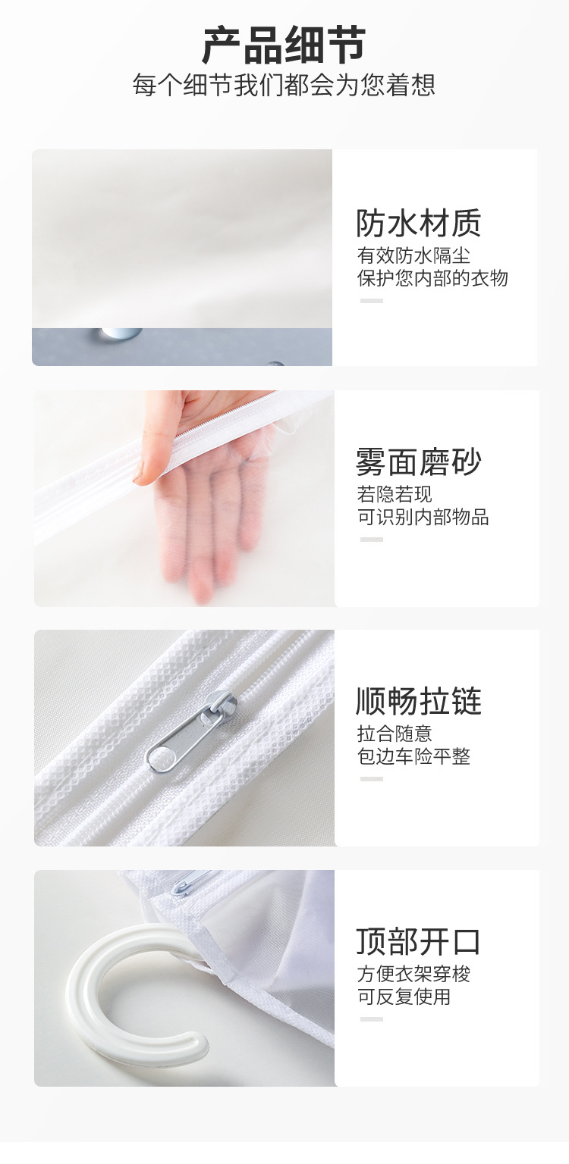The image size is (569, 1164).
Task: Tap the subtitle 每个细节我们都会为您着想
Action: coord(284,84)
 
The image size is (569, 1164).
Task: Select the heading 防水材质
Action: coord(419,223)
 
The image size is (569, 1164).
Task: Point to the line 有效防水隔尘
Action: coord(413,255)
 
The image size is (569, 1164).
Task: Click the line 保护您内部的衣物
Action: coord(432,278)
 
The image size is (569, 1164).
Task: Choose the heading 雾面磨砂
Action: coord(419,462)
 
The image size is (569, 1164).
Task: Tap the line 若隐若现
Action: coord(395,494)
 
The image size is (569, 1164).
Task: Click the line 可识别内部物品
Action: coord(423,517)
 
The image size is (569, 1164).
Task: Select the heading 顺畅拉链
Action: coord(419,701)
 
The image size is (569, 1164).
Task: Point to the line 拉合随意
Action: coord(395,734)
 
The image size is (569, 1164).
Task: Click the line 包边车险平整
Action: coord(413,756)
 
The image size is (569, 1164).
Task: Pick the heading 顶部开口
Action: coord(419,941)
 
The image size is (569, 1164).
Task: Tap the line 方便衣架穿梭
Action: coord(413,974)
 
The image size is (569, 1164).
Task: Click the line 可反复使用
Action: coord(404,997)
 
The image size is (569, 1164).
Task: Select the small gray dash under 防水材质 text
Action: coord(371,301)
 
